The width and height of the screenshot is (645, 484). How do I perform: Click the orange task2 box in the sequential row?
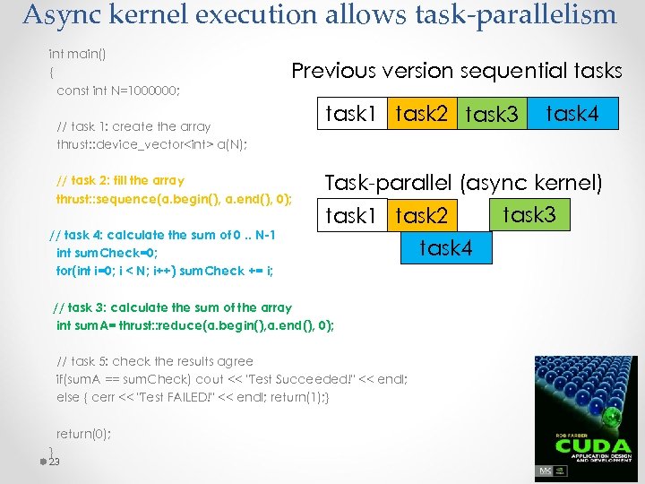pyautogui.click(x=421, y=114)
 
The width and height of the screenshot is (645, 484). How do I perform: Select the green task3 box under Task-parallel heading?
pyautogui.click(x=529, y=215)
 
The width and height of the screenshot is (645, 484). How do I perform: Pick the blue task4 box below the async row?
pyautogui.click(x=445, y=248)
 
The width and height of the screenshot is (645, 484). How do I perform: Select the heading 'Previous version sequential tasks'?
pyautogui.click(x=457, y=71)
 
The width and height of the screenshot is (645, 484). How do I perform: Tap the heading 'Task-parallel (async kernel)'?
pyautogui.click(x=463, y=184)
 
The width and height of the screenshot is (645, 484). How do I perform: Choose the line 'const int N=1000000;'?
pyautogui.click(x=118, y=91)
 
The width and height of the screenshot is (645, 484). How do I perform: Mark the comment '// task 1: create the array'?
pyautogui.click(x=133, y=126)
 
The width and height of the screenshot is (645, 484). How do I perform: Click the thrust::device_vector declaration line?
pyautogui.click(x=151, y=144)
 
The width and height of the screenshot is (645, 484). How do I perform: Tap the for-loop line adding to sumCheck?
pyautogui.click(x=165, y=271)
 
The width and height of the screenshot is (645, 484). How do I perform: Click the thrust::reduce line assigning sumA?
pyautogui.click(x=195, y=325)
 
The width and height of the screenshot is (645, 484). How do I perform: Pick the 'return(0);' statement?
pyautogui.click(x=84, y=434)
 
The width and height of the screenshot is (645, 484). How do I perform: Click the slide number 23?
pyautogui.click(x=54, y=462)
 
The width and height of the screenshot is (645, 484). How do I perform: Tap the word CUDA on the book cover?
pyautogui.click(x=586, y=445)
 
